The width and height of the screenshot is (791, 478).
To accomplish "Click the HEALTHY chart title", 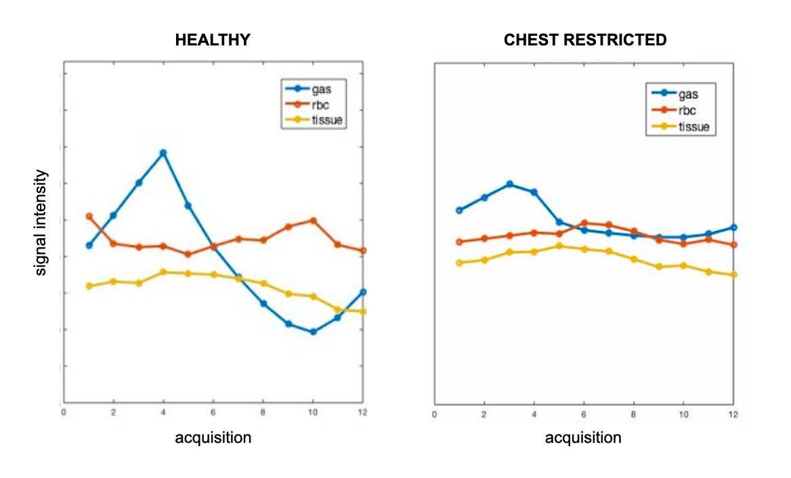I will coord(213,40).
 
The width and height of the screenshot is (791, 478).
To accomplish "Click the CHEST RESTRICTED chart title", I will coord(585,40).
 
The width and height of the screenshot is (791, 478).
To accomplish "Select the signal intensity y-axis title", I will coord(41,223).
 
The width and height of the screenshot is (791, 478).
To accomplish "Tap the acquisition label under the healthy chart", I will coord(213,437).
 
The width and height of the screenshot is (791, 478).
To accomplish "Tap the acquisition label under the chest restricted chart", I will coord(583,437).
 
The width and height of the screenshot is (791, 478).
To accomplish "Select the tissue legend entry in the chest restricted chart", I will coord(693,126).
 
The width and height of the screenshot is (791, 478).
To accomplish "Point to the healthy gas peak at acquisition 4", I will coord(163,153).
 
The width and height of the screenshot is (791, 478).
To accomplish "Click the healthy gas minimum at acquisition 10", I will coord(313,332).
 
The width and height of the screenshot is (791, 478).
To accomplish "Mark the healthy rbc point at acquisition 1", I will coord(89,216).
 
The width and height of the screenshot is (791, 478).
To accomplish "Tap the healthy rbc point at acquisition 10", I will coord(313,220).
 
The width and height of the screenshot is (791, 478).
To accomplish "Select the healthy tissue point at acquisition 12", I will coord(363,311).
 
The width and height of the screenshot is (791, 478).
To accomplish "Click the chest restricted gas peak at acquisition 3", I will coord(509,184).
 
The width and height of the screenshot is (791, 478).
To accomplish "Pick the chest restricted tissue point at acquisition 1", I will coord(460,263).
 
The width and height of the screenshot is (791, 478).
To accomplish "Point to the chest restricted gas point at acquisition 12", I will coord(733,227).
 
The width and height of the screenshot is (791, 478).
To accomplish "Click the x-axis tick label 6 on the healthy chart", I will coord(213,412).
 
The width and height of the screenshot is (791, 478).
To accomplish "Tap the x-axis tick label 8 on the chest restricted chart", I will coord(634,414).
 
